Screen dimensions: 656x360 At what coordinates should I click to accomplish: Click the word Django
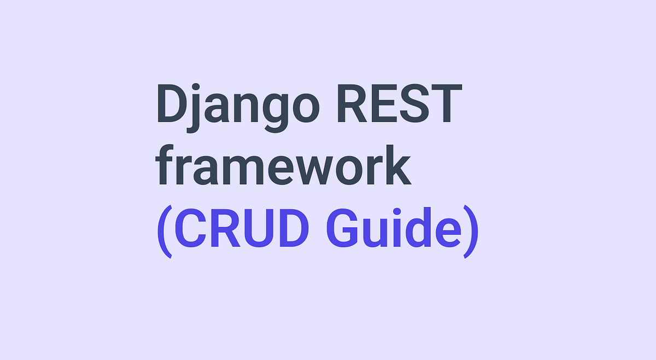(x=237, y=108)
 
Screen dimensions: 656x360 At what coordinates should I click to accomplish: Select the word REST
(x=400, y=104)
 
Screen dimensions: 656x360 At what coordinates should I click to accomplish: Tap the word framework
(x=283, y=165)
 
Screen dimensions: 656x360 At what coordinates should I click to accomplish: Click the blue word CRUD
(x=242, y=228)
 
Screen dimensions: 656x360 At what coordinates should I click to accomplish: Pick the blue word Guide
(x=394, y=227)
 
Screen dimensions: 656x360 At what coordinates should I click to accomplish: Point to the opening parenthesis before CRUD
(x=165, y=232)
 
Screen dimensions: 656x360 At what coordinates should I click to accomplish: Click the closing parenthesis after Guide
(x=471, y=232)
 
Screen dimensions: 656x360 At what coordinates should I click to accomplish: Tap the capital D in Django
(x=173, y=103)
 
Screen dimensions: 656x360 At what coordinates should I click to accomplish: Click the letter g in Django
(x=276, y=113)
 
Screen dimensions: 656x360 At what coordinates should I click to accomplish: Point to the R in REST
(x=352, y=103)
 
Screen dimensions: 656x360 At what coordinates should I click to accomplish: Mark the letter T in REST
(x=446, y=103)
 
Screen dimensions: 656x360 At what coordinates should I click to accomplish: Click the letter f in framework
(x=165, y=164)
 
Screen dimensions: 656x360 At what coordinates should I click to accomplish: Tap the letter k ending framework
(x=399, y=164)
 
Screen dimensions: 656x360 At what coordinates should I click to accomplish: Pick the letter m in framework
(x=244, y=170)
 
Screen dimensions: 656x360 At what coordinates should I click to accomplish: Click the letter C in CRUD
(x=190, y=228)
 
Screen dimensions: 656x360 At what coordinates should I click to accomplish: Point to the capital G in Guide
(x=342, y=228)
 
